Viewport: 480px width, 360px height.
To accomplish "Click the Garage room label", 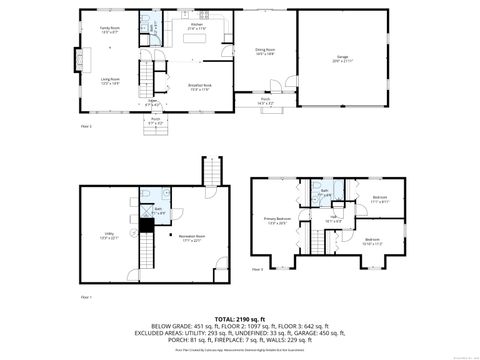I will tap(340, 59).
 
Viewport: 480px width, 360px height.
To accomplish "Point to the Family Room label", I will tap(109, 29).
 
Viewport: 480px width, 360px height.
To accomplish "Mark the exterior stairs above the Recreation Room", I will tap(209, 172).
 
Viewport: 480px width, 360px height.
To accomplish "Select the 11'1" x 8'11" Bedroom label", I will tap(380, 199).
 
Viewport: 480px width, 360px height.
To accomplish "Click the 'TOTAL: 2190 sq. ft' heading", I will tap(239, 317).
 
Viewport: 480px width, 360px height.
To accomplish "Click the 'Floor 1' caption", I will tap(85, 297).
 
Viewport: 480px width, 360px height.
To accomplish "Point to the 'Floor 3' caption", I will tap(257, 269).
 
